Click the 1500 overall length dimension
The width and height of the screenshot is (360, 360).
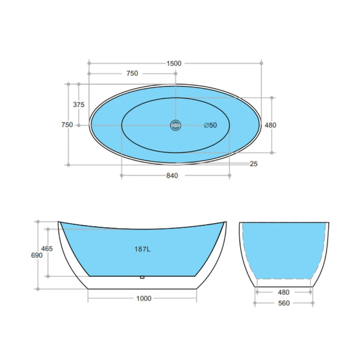tap(174, 63)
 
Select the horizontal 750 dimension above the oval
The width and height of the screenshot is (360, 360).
tap(132, 74)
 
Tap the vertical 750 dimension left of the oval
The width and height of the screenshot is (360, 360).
tap(67, 125)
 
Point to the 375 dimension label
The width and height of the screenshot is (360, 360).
tap(79, 104)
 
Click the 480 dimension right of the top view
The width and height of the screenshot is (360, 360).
tap(271, 125)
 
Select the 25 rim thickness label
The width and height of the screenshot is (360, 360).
tap(254, 164)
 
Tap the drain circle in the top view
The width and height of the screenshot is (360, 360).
tap(175, 125)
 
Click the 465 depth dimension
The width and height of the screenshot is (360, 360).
tap(47, 249)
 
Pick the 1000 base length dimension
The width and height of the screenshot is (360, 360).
tap(143, 298)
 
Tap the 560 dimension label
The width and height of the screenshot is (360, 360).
tap(285, 304)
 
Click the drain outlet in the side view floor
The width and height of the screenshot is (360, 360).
tap(143, 276)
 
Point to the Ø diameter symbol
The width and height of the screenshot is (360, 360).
tap(206, 125)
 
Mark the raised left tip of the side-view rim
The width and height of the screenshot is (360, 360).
tap(59, 222)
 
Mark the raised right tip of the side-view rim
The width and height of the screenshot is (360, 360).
tap(225, 222)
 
